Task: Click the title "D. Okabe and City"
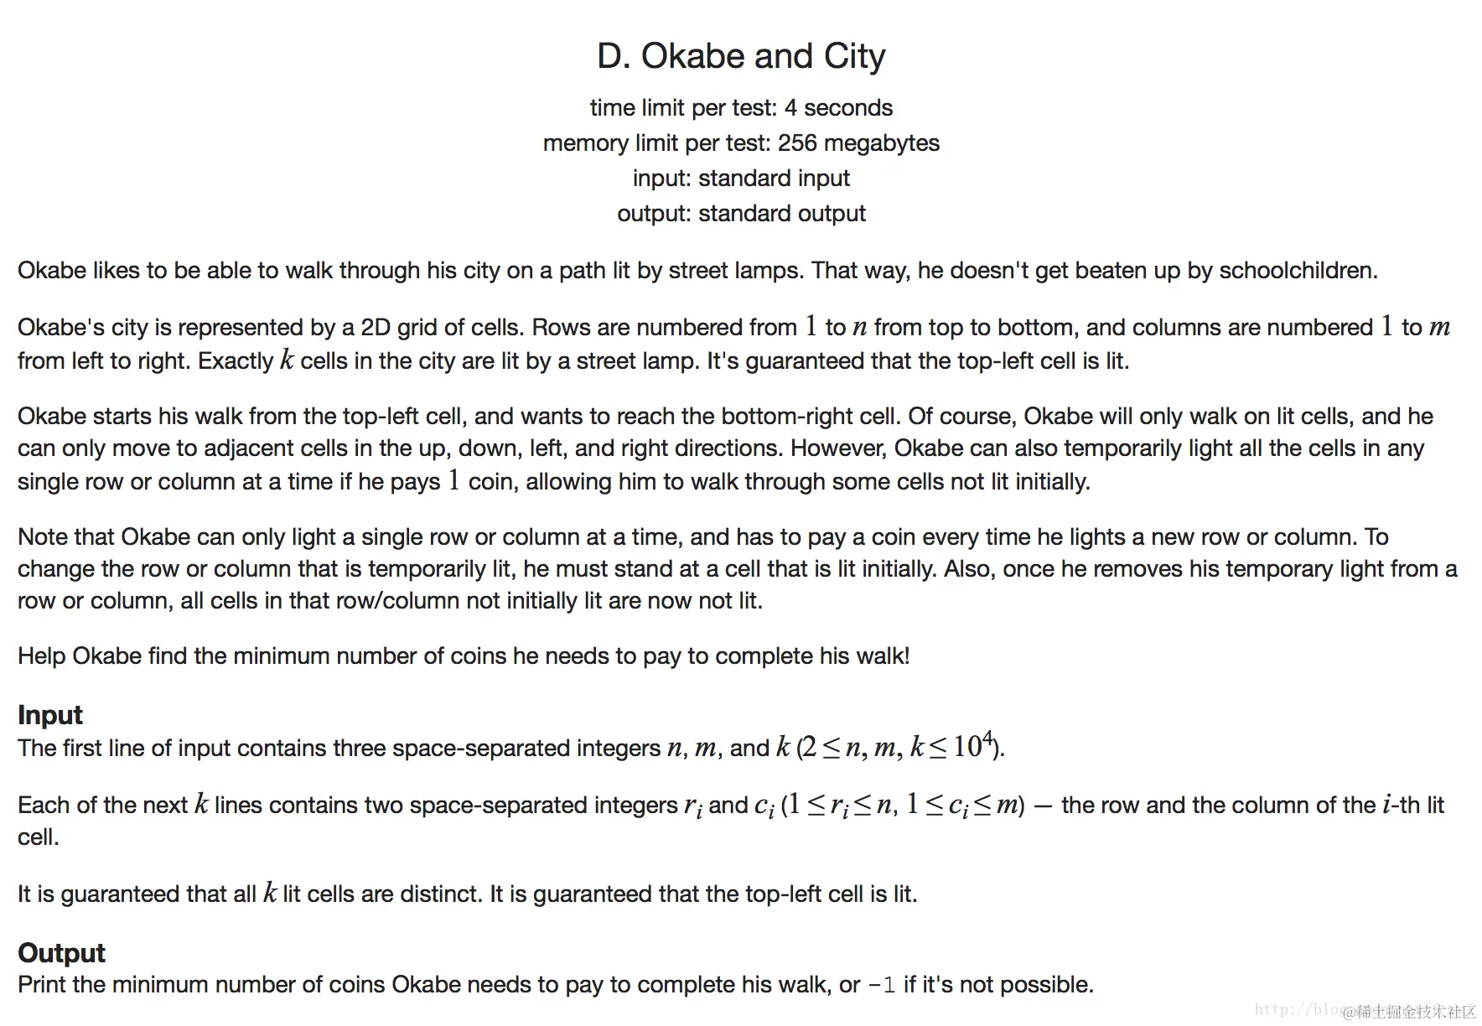coord(741,56)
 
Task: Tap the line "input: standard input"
coord(741,179)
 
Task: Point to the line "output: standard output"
coord(741,214)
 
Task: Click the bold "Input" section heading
coord(50,715)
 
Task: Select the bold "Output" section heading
coord(61,953)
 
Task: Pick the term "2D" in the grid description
coord(376,328)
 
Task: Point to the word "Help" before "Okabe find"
coord(42,656)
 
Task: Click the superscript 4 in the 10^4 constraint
coord(987,738)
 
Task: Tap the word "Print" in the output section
coord(42,985)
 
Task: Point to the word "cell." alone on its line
coord(38,837)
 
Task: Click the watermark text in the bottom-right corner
coord(1408,1011)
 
